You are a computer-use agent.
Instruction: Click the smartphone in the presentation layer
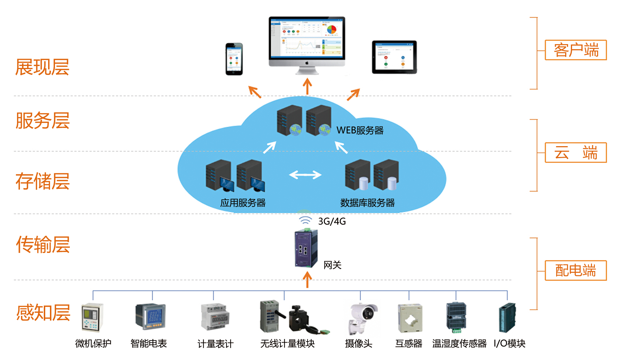coord(234,59)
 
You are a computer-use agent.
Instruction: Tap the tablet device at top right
coord(394,57)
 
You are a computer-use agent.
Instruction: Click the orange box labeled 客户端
coord(576,50)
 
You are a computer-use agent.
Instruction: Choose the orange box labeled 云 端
coord(576,153)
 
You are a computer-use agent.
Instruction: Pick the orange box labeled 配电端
coord(576,270)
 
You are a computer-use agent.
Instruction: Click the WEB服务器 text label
coord(360,130)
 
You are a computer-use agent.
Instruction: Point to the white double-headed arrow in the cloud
coord(305,175)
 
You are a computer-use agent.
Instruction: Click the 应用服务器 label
coord(243,203)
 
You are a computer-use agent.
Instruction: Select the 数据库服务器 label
coord(367,203)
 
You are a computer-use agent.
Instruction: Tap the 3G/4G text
coord(332,221)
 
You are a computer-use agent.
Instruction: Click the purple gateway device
coord(306,249)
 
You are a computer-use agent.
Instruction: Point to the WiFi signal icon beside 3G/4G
coord(305,220)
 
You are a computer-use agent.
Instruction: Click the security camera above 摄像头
coord(363,317)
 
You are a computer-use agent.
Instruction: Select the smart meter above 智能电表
coord(151,316)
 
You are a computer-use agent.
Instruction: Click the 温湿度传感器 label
coord(459,343)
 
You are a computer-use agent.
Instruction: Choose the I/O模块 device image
coord(507,317)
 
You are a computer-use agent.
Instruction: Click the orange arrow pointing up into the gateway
coord(307,280)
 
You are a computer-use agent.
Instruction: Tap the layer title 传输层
coord(43,245)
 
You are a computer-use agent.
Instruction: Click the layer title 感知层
coord(43,313)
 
